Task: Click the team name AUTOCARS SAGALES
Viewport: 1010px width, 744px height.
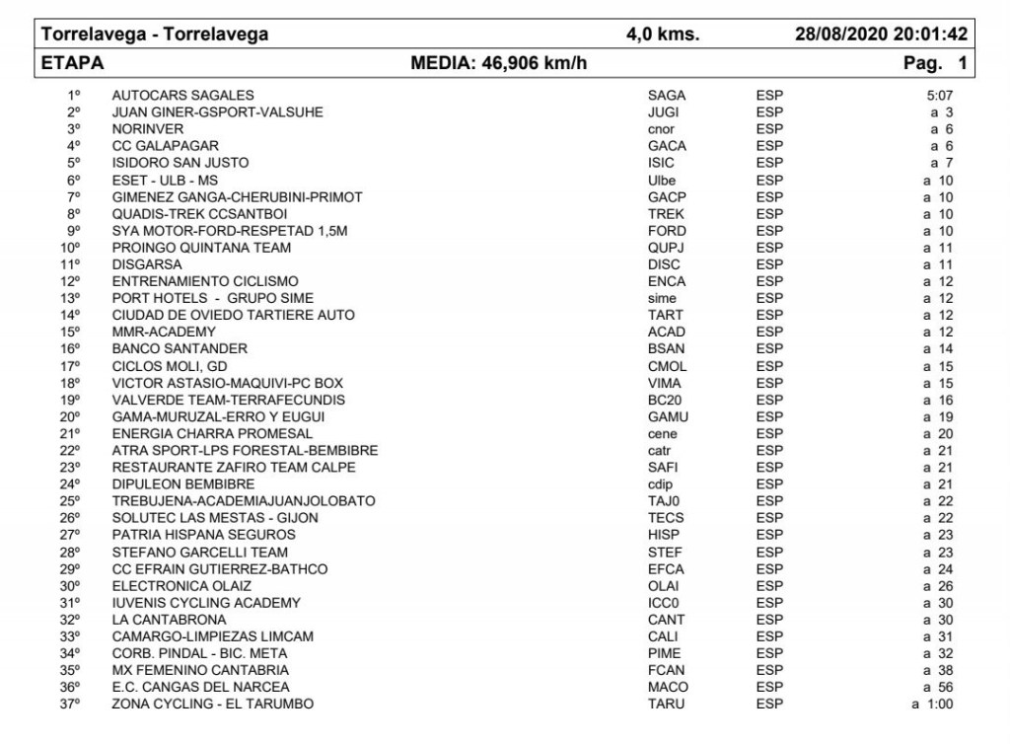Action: coord(182,96)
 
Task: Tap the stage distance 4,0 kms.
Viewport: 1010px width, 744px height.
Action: coord(663,35)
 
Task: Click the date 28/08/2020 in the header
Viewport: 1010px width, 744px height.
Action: coord(840,35)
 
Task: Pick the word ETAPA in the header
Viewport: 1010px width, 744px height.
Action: coord(73,64)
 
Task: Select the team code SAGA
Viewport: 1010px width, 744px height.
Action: coord(666,96)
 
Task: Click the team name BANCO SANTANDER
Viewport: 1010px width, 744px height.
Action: coord(180,348)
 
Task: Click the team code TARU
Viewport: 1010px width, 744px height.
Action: coord(666,704)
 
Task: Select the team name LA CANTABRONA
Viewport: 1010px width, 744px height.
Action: coord(169,620)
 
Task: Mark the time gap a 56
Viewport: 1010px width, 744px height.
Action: coord(937,687)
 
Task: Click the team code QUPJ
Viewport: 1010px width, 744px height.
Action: coord(666,248)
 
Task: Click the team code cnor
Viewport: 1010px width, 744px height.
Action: coord(661,129)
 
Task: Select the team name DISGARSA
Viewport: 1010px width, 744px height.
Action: coord(147,264)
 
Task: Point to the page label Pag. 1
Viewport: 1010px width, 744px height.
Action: coord(935,64)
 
